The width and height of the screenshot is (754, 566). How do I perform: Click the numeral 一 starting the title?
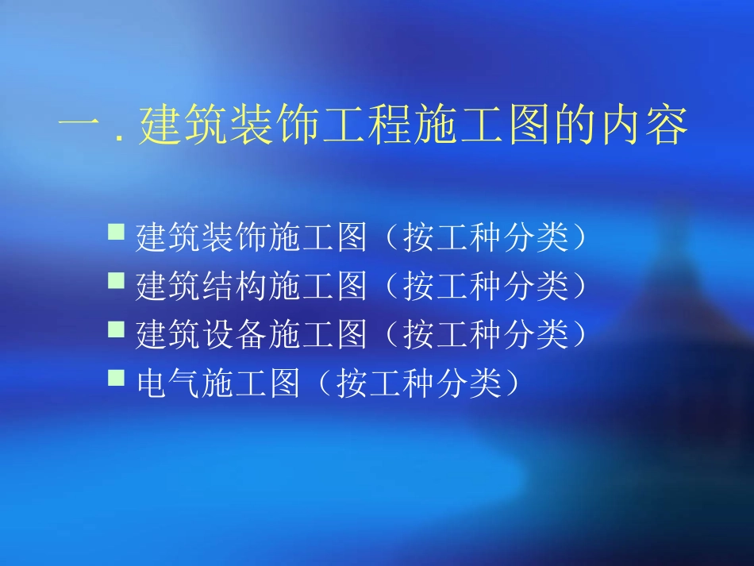pyautogui.click(x=80, y=127)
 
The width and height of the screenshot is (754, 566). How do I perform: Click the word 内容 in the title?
pyautogui.click(x=644, y=127)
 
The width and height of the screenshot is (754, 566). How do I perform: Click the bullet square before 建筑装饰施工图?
pyautogui.click(x=116, y=232)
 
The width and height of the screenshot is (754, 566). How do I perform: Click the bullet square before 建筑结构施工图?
pyautogui.click(x=116, y=280)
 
